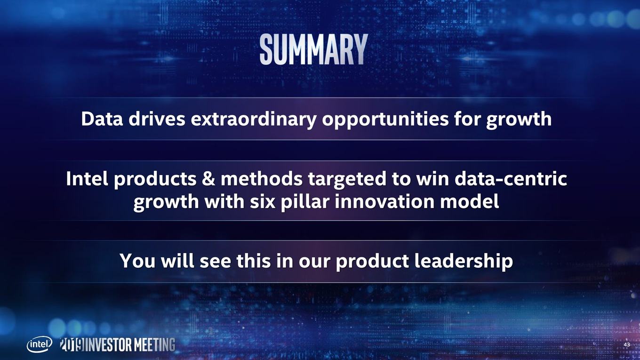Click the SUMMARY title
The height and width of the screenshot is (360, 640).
313,49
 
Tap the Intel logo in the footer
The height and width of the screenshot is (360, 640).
40,344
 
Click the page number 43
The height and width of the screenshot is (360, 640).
626,344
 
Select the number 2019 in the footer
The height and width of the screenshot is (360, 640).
72,344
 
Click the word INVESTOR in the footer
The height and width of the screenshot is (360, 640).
109,344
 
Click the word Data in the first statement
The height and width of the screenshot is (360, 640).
102,119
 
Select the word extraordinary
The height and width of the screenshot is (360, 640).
254,120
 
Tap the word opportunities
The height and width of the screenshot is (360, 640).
385,120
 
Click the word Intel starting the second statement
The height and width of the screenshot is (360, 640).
87,178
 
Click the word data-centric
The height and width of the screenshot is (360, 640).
511,178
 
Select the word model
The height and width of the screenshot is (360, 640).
470,201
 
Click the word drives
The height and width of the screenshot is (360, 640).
157,119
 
